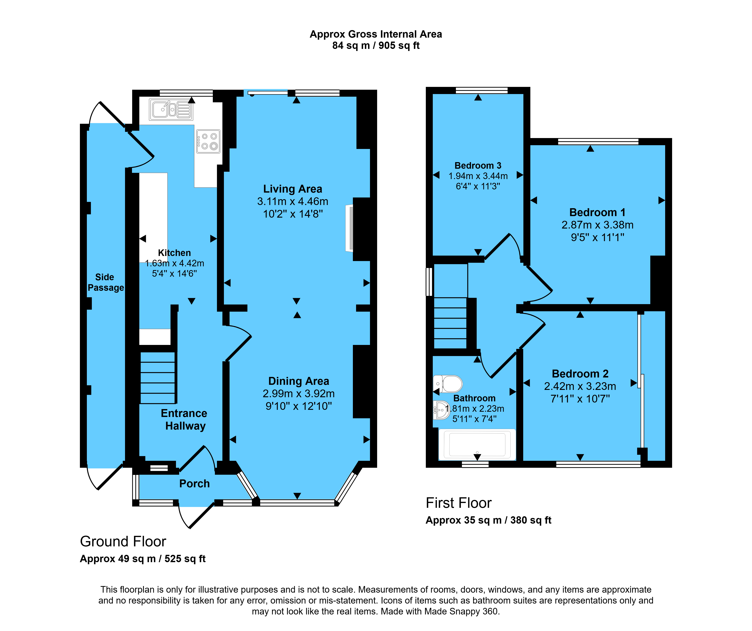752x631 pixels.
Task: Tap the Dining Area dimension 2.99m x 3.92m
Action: [x=299, y=393]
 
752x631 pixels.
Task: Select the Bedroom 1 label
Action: [x=597, y=213]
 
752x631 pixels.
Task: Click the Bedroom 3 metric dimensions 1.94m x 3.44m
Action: [x=478, y=176]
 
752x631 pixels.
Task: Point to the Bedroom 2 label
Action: [x=580, y=374]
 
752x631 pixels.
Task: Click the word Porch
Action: [x=194, y=484]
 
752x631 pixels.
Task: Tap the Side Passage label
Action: [x=106, y=282]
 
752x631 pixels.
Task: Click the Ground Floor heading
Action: [x=123, y=541]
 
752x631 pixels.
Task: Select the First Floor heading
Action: [x=459, y=503]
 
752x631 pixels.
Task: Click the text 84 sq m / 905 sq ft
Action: [x=376, y=46]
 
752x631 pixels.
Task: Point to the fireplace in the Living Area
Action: [x=349, y=228]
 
